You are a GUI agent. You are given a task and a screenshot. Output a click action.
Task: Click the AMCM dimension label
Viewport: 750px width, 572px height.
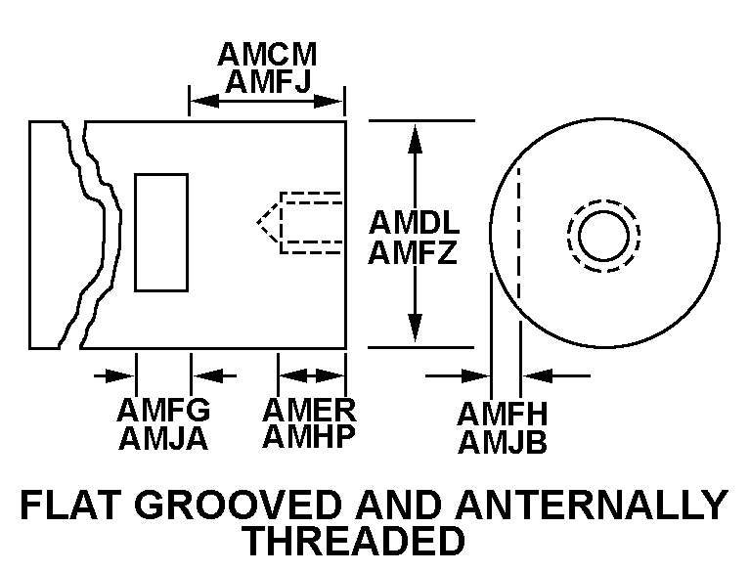(267, 54)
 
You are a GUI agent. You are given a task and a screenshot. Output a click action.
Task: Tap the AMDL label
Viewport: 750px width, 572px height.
(415, 222)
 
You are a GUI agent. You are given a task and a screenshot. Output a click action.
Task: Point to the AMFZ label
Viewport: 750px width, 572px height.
(415, 253)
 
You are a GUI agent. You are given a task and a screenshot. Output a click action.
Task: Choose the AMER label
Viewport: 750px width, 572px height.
(309, 409)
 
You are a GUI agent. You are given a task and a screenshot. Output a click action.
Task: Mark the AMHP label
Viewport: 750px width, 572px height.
(309, 436)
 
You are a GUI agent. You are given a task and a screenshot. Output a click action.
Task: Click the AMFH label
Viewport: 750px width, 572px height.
(503, 414)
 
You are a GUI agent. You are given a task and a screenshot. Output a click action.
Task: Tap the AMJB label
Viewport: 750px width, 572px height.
(503, 443)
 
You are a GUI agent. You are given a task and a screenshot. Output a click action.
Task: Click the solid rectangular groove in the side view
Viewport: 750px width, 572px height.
(161, 233)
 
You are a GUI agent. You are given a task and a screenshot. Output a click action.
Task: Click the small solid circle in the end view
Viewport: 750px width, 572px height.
(603, 236)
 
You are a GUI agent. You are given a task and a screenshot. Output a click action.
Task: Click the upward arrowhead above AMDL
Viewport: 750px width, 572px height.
(415, 137)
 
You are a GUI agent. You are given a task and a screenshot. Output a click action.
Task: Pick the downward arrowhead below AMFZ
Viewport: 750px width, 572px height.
(415, 330)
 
